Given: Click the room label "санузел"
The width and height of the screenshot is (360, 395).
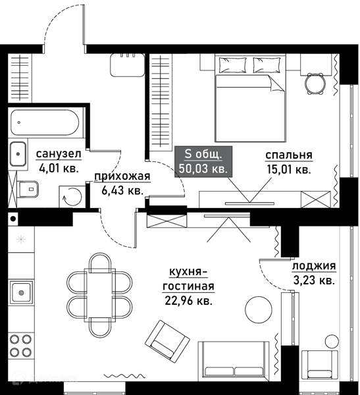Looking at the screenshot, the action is tap(59, 154).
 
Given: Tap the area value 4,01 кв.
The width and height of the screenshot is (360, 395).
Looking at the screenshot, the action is tap(59, 168).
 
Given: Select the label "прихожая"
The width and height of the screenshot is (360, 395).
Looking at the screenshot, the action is tap(122, 176).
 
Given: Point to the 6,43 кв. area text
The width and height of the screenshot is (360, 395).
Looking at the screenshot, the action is tap(122, 190).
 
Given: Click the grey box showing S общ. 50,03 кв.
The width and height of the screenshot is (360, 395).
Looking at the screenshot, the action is tap(203, 161).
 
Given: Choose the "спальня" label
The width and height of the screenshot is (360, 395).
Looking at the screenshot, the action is tap(289, 155).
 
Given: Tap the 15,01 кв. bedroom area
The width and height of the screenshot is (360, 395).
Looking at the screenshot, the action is tap(289, 170).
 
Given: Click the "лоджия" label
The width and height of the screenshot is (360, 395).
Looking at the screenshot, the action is tap(314, 266).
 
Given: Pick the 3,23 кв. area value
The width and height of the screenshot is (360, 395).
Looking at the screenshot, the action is tap(314, 280).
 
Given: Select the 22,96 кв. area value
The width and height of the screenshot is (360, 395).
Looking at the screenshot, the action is tap(188, 300).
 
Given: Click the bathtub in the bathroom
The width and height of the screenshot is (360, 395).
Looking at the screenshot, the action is tap(45, 122).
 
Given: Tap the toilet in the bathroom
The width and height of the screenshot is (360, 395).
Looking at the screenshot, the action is tap(28, 189).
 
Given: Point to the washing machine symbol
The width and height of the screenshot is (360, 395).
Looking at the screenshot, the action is tap(72, 197).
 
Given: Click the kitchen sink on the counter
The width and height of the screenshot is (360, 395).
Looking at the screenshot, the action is tap(22, 292).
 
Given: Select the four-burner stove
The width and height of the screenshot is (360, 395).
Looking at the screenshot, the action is tap(20, 346).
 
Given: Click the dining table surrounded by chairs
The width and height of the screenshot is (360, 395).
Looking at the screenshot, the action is tap(99, 296).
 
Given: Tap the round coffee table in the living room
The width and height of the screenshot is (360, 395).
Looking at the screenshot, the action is tap(259, 309).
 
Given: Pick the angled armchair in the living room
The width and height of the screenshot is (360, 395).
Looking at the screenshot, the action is tap(167, 341).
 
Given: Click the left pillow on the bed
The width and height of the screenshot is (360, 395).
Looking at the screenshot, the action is tap(232, 65).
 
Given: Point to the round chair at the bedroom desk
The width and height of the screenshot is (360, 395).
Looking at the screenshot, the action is tap(315, 84).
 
